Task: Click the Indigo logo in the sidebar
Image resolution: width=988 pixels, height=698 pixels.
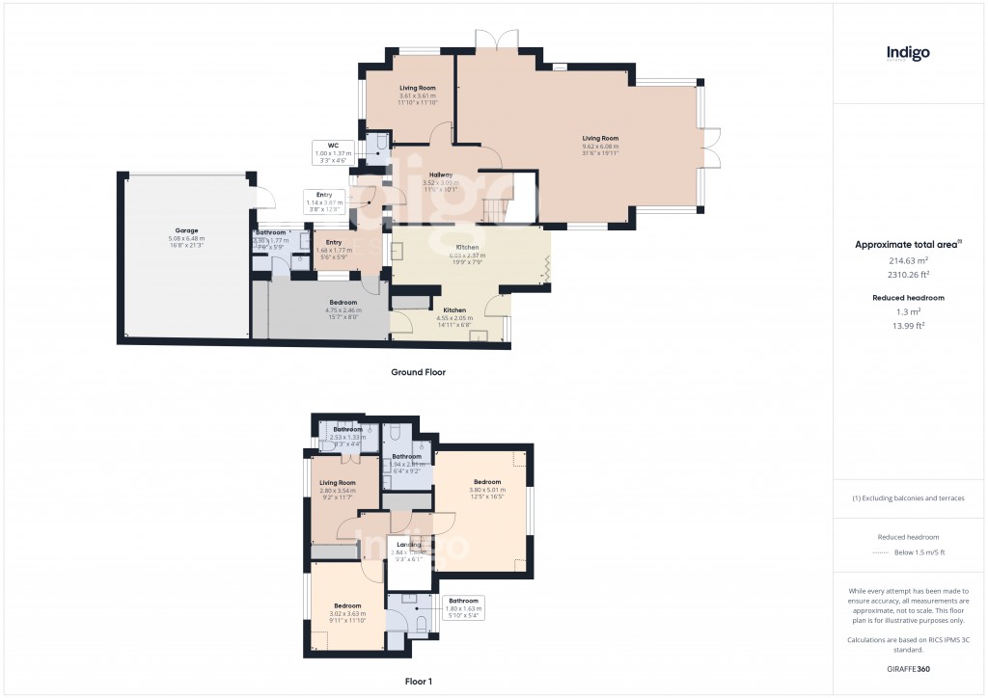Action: point(908,54)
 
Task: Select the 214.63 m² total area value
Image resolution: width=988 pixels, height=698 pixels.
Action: point(908,260)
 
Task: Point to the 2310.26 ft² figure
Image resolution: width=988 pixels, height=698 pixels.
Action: point(908,274)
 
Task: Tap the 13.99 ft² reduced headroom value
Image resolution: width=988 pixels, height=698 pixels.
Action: point(908,325)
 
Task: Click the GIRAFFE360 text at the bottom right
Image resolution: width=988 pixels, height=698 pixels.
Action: point(908,668)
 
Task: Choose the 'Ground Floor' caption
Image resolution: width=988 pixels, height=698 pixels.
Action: point(418,371)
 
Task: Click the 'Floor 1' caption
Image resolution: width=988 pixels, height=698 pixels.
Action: point(419,681)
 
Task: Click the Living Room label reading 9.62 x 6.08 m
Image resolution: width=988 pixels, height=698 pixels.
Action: point(600,145)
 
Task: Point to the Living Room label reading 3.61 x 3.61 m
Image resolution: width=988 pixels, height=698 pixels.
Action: point(418,94)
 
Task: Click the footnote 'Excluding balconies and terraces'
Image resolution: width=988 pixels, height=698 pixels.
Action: point(908,498)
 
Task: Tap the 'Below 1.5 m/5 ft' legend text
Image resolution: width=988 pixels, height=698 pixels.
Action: point(919,552)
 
